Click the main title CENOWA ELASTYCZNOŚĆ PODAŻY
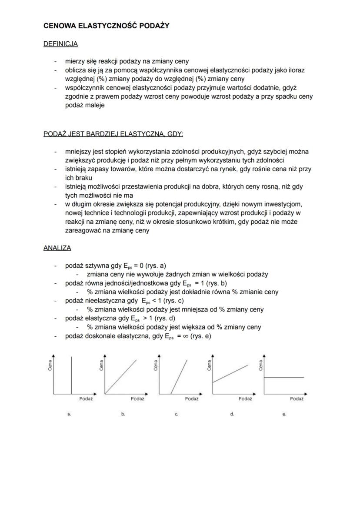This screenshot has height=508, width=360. [x=107, y=26]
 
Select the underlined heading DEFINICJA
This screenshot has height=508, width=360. [x=60, y=44]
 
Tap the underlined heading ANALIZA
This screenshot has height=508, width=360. [x=57, y=248]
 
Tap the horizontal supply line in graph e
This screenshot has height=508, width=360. [x=284, y=378]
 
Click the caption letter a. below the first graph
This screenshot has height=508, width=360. [x=69, y=414]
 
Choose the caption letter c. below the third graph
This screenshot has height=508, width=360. [x=177, y=414]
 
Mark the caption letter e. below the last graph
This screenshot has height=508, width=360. [x=284, y=414]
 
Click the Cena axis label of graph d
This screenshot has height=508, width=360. [x=209, y=366]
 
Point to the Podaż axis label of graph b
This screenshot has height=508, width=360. [x=137, y=398]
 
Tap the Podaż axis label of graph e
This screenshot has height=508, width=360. [x=297, y=398]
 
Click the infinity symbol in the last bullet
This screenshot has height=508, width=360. [x=183, y=336]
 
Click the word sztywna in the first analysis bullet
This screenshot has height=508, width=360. [x=95, y=266]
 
